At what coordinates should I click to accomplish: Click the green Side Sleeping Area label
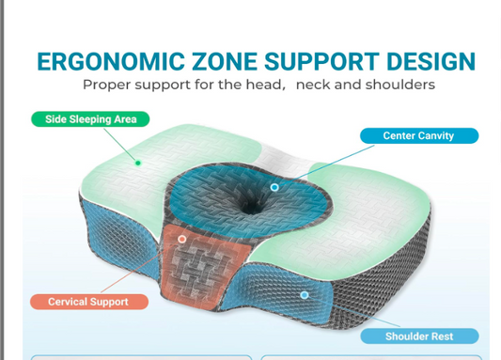pyautogui.click(x=90, y=119)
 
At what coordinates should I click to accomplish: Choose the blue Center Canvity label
pyautogui.click(x=418, y=135)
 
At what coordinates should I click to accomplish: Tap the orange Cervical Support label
pyautogui.click(x=87, y=302)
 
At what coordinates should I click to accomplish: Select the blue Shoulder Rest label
pyautogui.click(x=419, y=336)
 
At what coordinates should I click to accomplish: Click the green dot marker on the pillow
pyautogui.click(x=138, y=163)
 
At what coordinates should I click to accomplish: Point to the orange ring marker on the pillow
pyautogui.click(x=182, y=240)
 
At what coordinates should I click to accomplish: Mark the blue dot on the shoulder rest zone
pyautogui.click(x=305, y=294)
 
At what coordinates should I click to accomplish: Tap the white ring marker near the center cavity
pyautogui.click(x=274, y=187)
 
